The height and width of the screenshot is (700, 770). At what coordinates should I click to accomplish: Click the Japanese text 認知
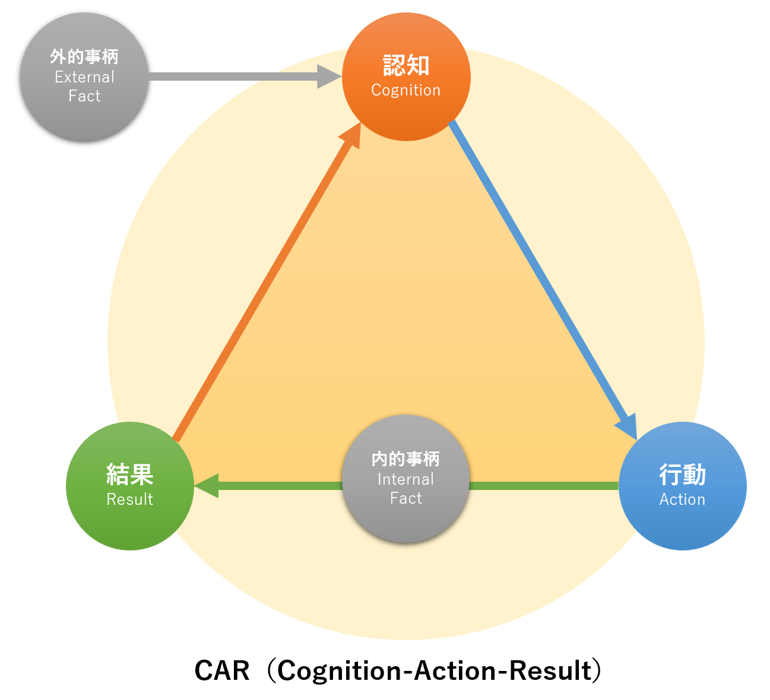[x=406, y=65]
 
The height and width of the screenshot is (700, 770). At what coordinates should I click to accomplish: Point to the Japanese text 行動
[x=682, y=475]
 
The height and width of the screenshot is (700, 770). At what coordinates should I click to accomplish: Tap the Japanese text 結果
[x=129, y=475]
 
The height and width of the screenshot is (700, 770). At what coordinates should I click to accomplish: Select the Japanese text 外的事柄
[x=84, y=57]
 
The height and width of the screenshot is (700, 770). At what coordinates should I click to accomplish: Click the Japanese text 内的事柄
[x=406, y=459]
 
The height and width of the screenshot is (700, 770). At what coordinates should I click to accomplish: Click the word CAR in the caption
[x=222, y=671]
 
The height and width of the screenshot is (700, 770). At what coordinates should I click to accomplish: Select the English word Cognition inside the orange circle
[x=406, y=90]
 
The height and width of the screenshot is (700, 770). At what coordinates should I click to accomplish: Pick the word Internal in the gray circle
[x=406, y=479]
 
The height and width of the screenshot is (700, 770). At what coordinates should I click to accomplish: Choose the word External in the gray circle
[x=84, y=77]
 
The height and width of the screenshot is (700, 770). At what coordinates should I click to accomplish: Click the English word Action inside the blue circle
[x=682, y=499]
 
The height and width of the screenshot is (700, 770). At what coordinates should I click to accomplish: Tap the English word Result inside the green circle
[x=129, y=499]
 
